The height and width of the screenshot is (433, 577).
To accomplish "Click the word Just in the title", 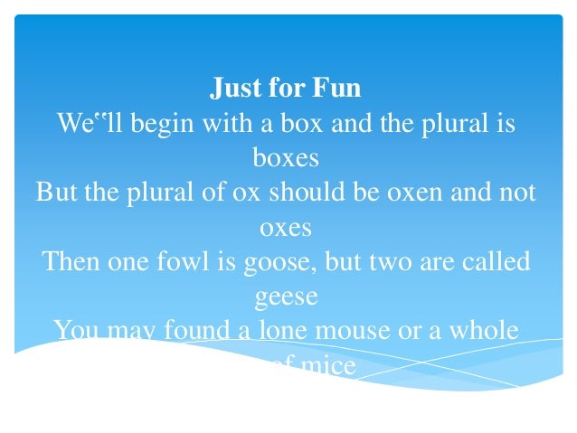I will point(233,89).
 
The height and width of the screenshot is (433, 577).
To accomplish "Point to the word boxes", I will point(286,158).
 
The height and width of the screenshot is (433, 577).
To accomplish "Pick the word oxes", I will point(286,228).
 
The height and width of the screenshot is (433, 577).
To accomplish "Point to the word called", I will point(497,262).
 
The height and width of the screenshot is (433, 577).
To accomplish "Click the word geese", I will point(286,297).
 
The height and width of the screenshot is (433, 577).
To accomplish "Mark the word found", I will point(188,331).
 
